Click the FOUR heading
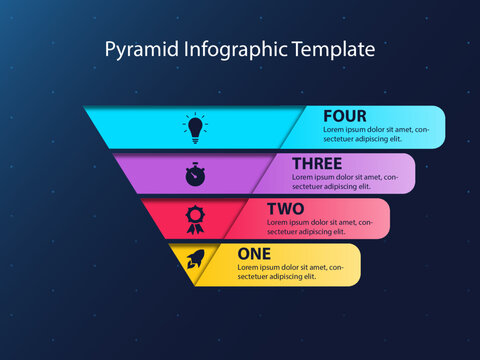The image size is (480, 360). [x=344, y=116]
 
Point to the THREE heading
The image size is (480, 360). [x=316, y=163]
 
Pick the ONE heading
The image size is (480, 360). [x=254, y=254]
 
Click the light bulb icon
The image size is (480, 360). [x=194, y=127]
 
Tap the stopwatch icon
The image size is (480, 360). [x=194, y=174]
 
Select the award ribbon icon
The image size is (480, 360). [x=194, y=218]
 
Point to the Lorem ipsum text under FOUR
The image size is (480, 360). [x=376, y=135]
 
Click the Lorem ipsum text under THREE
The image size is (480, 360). [x=345, y=181]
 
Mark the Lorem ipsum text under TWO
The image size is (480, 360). [x=317, y=226]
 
